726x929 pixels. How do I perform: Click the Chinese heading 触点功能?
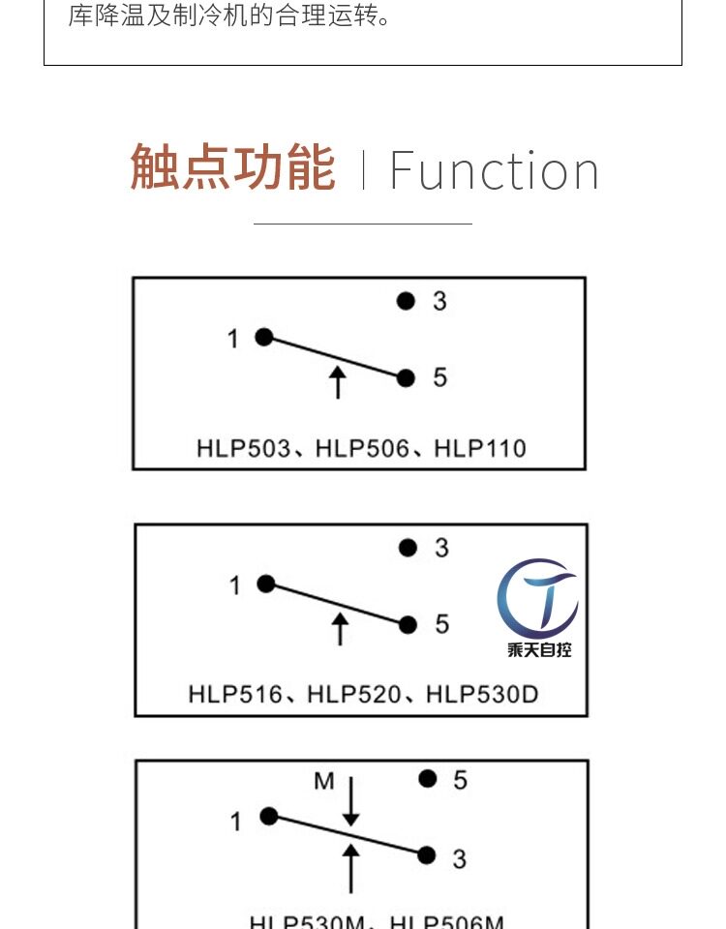232,168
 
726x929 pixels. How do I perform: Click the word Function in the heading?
494,171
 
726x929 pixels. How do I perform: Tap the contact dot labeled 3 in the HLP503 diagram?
407,301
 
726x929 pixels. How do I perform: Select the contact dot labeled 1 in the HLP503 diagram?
263,337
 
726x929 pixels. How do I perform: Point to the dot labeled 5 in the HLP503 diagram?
407,377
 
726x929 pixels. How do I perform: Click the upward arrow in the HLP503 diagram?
337,382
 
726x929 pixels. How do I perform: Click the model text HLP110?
480,448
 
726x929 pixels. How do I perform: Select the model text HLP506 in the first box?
361,448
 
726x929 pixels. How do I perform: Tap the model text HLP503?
243,448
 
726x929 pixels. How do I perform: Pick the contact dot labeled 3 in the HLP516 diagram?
408,548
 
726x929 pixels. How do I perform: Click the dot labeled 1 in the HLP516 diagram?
266,584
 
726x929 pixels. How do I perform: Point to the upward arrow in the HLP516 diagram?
339,628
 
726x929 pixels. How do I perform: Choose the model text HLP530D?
482,694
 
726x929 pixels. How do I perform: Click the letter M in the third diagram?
323,780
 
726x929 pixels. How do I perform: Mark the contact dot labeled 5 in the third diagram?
428,778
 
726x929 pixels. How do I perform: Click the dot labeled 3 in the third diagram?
427,854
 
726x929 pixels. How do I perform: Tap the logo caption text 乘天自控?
539,649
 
